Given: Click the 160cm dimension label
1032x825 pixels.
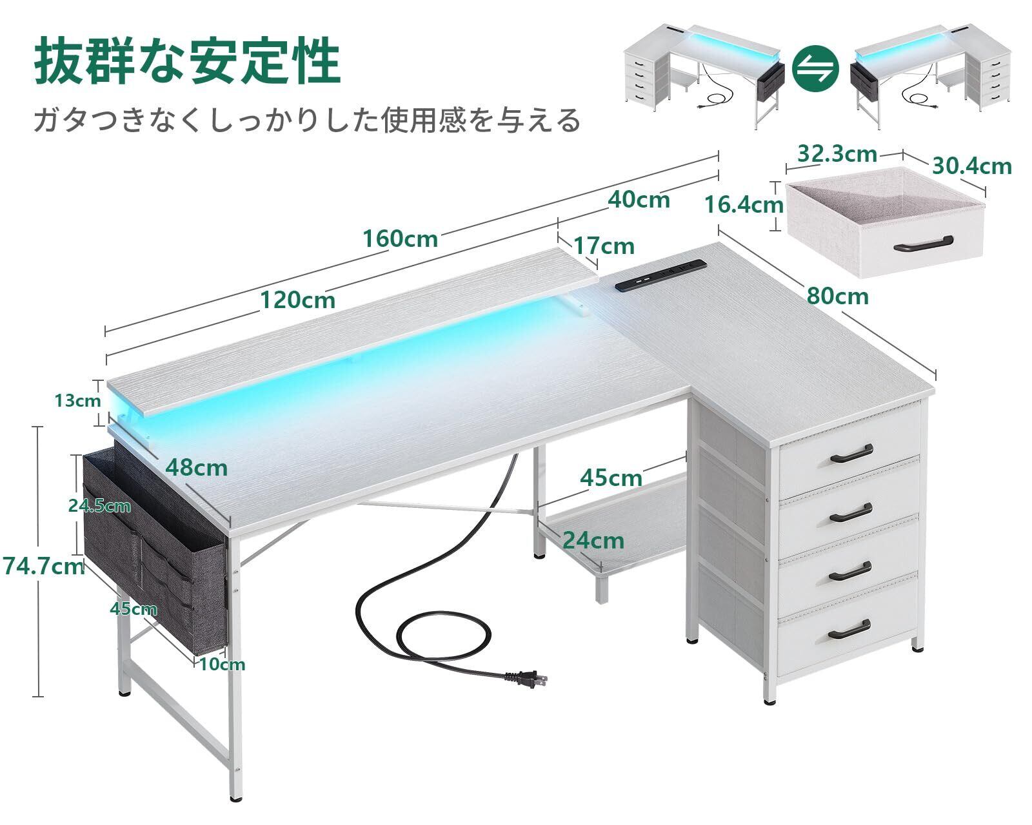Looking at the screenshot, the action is click(x=400, y=239).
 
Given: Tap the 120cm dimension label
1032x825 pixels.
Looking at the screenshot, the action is click(x=297, y=300).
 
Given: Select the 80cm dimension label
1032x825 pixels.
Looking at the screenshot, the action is click(x=838, y=296).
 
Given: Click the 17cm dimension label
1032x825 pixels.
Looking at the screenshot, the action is click(x=604, y=246).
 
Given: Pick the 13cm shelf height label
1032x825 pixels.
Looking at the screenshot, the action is click(x=77, y=400).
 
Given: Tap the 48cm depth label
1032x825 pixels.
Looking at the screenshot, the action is click(x=196, y=467).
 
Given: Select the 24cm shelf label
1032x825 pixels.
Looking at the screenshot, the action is click(x=592, y=539).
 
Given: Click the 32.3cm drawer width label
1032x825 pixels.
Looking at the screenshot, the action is click(x=837, y=155).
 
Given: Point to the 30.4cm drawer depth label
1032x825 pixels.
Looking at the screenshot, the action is click(x=971, y=166).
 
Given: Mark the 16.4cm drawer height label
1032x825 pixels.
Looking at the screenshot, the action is click(x=743, y=205).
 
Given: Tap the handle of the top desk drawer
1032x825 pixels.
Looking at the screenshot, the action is click(x=851, y=453).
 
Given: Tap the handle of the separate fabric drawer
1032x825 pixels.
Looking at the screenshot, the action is click(x=922, y=243).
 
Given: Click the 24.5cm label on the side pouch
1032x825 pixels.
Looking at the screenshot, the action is click(x=99, y=506).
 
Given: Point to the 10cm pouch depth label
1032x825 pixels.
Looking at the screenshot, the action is click(x=222, y=664).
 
